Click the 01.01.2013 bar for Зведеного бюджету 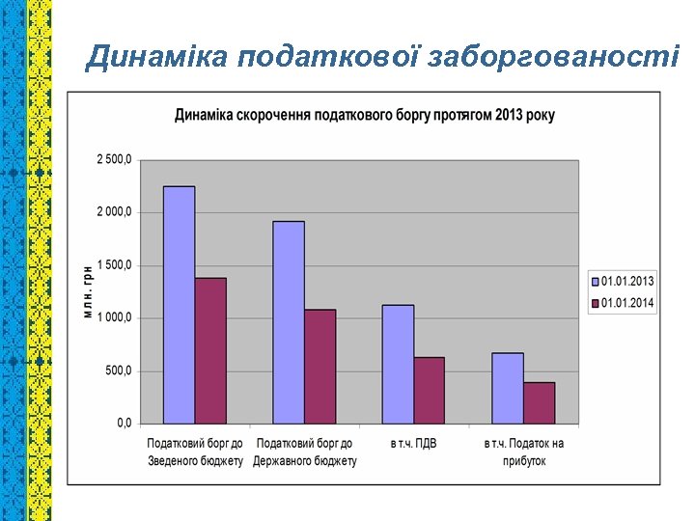(180, 305)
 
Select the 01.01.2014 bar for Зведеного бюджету (210, 350)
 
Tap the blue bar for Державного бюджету (289, 322)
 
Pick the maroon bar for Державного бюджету (320, 367)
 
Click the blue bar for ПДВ (398, 364)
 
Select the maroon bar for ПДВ (429, 390)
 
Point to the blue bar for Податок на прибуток (508, 388)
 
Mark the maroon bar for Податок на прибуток (539, 402)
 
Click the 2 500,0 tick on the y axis (114, 159)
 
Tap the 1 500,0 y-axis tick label (114, 264)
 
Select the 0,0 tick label (125, 423)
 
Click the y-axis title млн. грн (88, 291)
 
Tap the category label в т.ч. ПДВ (414, 444)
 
